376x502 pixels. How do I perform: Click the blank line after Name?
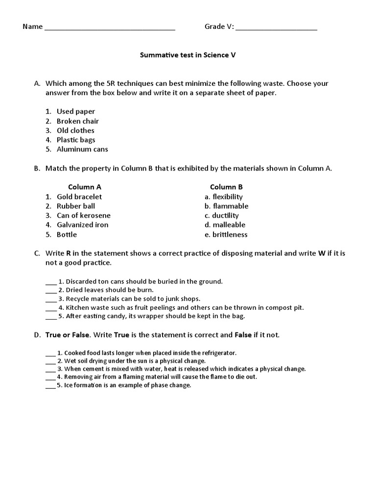(x=110, y=27)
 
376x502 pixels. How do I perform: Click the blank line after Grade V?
(x=276, y=27)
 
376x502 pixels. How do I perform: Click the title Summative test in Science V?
(x=188, y=55)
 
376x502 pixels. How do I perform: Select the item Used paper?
(x=76, y=112)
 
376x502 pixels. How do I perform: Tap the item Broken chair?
(x=78, y=121)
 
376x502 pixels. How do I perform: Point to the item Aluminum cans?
(x=82, y=149)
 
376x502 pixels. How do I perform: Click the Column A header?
(x=85, y=187)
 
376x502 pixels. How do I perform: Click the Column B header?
(x=226, y=187)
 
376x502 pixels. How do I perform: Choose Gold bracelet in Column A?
(x=79, y=197)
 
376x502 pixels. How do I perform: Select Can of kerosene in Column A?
(x=84, y=215)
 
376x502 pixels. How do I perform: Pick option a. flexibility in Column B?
(x=224, y=197)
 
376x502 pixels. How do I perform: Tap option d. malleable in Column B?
(x=225, y=225)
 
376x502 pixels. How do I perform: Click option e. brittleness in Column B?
(x=226, y=234)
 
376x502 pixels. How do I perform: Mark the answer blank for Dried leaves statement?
(x=51, y=290)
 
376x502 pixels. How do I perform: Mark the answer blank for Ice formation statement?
(x=50, y=386)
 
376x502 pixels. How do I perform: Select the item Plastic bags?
(x=76, y=140)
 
